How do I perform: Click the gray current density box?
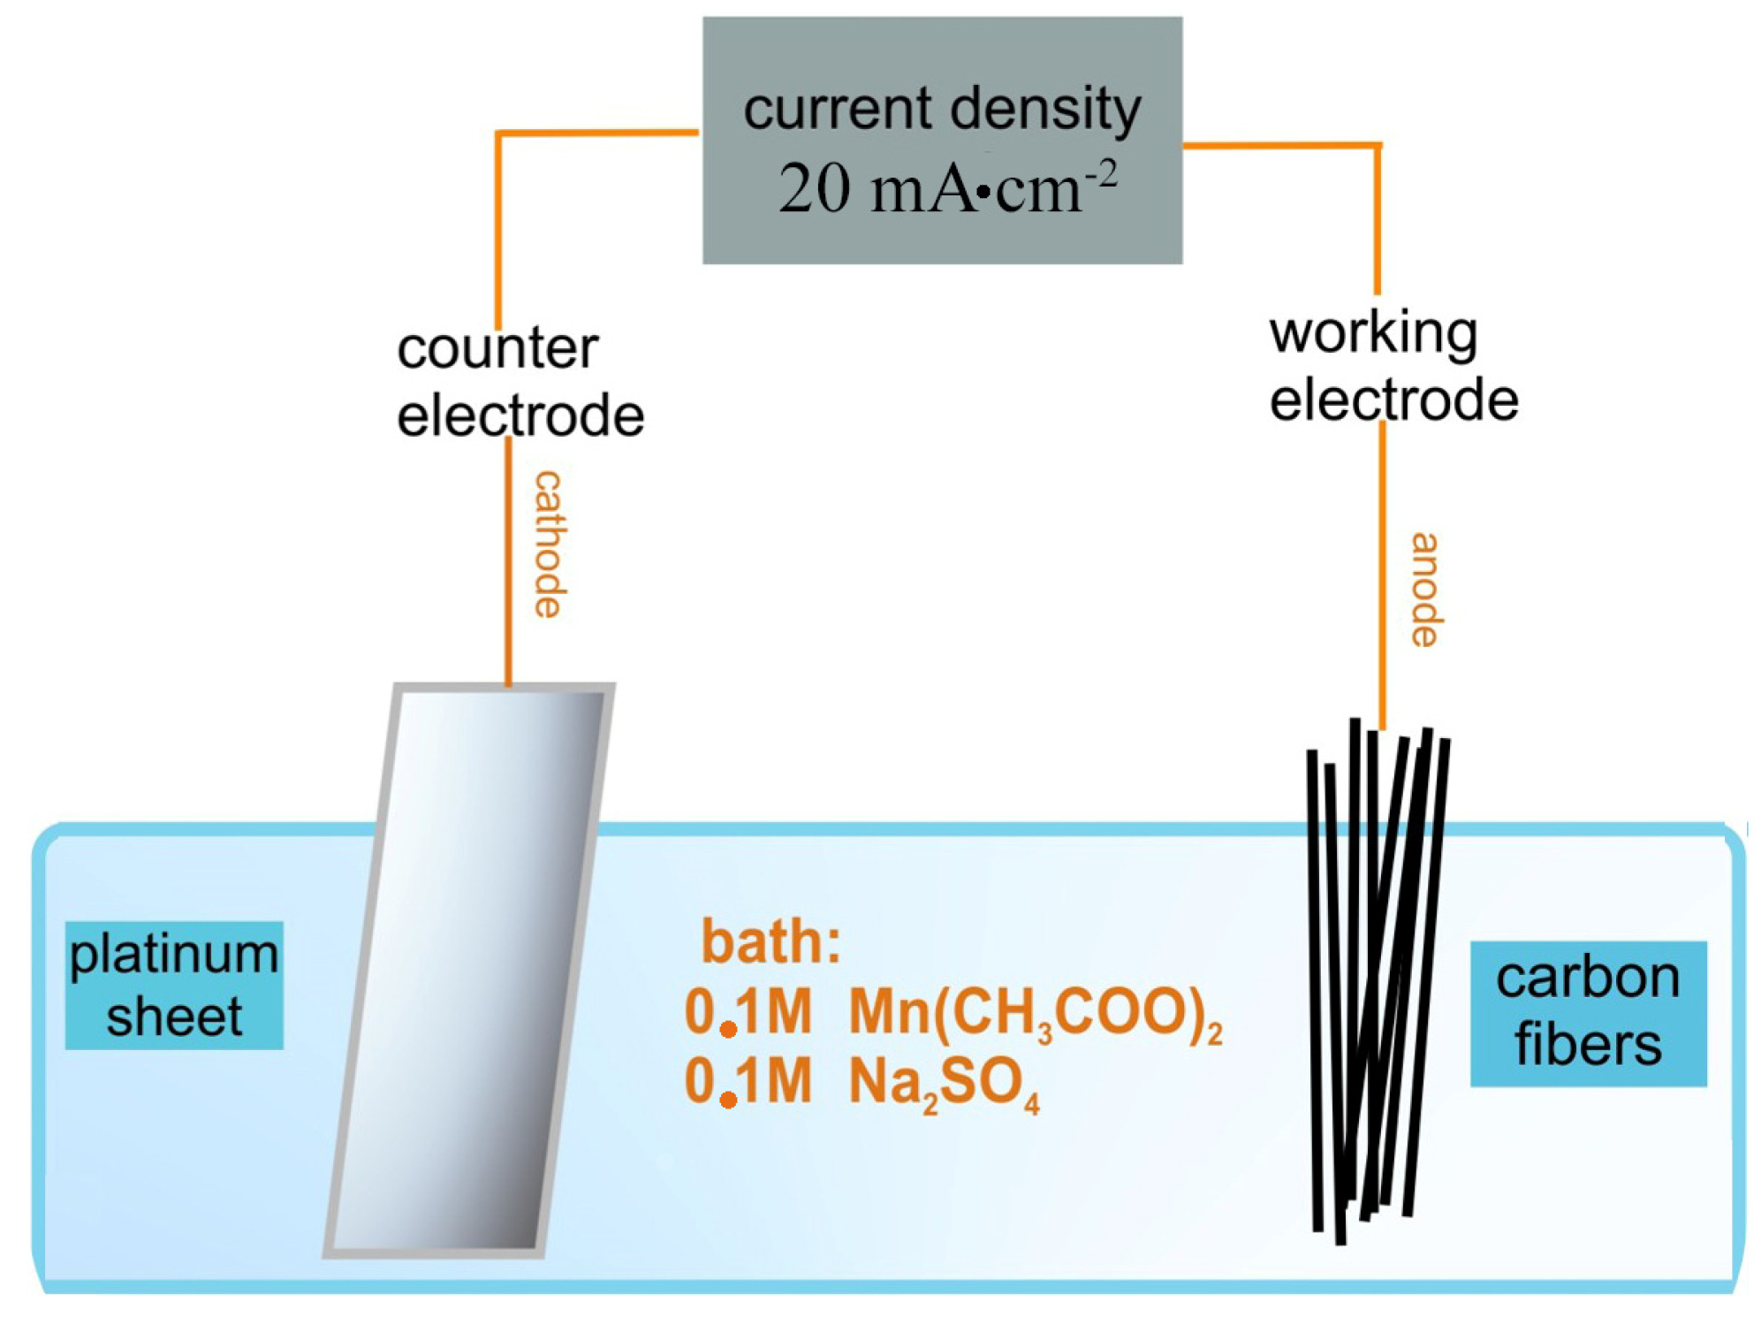(x=942, y=140)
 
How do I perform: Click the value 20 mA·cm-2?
(x=947, y=188)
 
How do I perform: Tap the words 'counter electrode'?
(x=520, y=383)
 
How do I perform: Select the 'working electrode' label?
(x=1393, y=367)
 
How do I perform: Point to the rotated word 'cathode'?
(x=549, y=544)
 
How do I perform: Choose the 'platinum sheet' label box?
(x=174, y=985)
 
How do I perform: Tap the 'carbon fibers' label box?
(x=1588, y=1013)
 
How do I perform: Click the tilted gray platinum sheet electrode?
(x=469, y=970)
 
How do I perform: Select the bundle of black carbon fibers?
(x=1378, y=981)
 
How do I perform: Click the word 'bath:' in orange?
(x=771, y=942)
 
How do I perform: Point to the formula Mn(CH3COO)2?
(x=1036, y=1012)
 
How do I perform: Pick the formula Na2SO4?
(x=944, y=1084)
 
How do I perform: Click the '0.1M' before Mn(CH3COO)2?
(x=748, y=1011)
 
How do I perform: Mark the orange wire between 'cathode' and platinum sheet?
(x=508, y=560)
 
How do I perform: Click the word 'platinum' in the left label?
(x=174, y=956)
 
